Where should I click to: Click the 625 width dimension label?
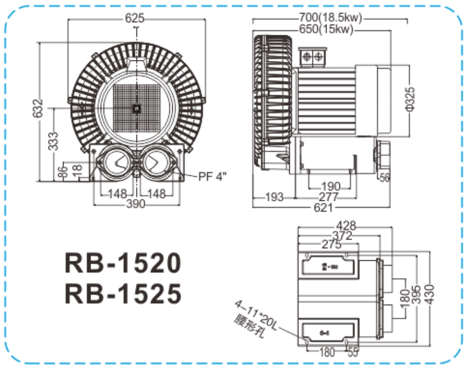pyautogui.click(x=136, y=18)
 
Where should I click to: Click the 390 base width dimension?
pyautogui.click(x=136, y=203)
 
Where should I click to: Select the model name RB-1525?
pyautogui.click(x=122, y=293)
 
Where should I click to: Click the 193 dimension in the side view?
pyautogui.click(x=274, y=197)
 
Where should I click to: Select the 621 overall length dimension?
pyautogui.click(x=323, y=207)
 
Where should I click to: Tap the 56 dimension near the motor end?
pyautogui.click(x=385, y=177)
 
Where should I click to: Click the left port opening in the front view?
pyautogui.click(x=114, y=162)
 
